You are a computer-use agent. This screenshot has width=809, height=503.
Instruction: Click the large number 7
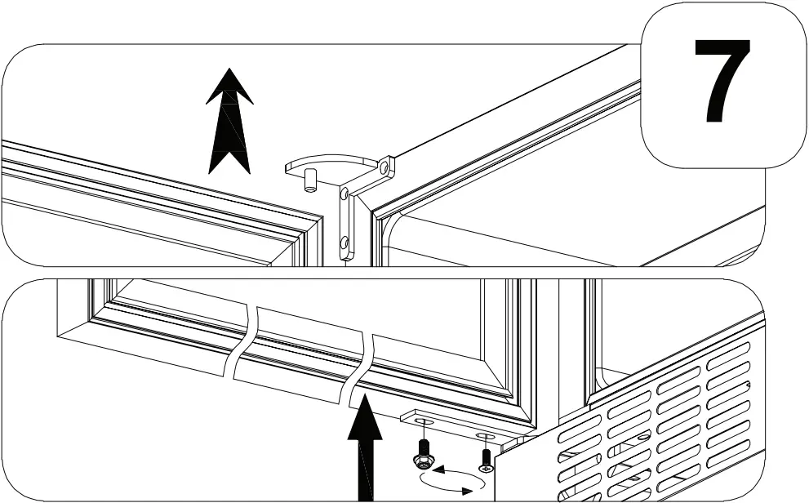722,82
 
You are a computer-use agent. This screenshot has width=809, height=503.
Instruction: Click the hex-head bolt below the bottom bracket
423,453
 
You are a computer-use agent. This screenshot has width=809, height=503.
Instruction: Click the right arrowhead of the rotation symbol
468,489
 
